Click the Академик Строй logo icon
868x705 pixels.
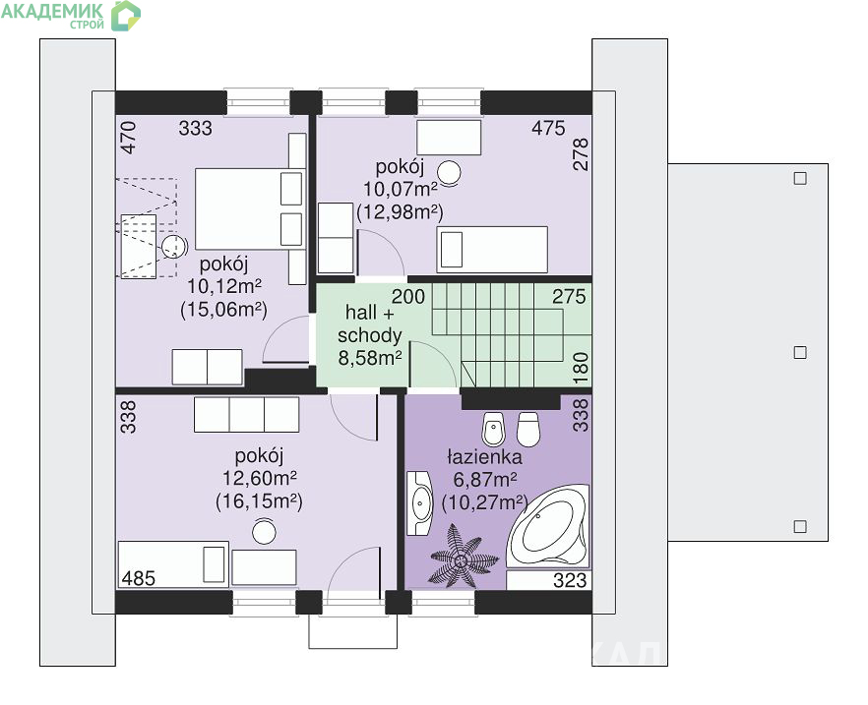tap(126, 16)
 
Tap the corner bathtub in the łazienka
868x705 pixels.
tap(547, 526)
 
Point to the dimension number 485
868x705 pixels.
tap(139, 578)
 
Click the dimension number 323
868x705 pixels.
tap(570, 580)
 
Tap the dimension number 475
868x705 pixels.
tap(548, 128)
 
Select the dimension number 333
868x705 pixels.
tap(196, 128)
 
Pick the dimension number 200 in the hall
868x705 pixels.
tap(408, 296)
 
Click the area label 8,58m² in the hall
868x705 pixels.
tap(370, 358)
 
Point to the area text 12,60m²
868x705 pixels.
tap(260, 478)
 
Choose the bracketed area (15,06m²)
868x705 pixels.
tap(223, 310)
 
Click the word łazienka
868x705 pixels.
tap(484, 457)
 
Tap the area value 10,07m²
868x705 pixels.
tap(401, 189)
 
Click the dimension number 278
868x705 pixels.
tap(582, 154)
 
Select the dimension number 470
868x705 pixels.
tap(128, 137)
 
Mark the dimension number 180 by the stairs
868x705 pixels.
tap(581, 369)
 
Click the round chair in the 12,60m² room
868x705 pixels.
tap(264, 532)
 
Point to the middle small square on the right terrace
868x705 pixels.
tap(800, 352)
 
